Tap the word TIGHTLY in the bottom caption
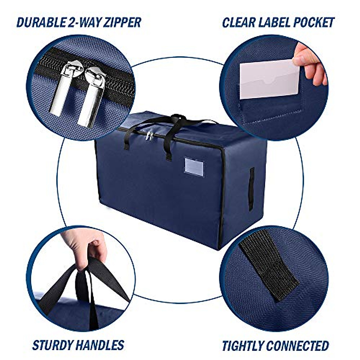243,346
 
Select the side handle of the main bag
251,189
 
